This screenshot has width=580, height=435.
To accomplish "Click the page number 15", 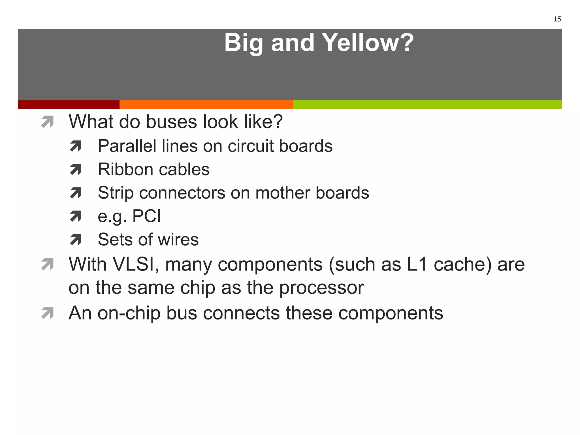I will coord(557,19).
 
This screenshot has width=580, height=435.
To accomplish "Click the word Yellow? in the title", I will coord(368,43).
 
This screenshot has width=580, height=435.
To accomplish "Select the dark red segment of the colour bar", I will coord(69,104).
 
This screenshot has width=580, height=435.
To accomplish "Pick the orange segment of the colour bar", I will coord(206,104).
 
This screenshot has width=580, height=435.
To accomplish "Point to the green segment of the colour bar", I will coord(427,104).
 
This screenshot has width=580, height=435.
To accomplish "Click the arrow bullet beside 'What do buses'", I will coord(47,122).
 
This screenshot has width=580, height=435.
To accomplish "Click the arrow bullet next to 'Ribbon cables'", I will coord(76,170).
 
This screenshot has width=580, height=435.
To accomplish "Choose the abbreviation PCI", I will coord(147,216).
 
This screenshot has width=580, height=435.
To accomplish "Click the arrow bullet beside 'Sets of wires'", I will coord(76,240).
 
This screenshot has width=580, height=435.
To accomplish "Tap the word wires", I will coord(178,240).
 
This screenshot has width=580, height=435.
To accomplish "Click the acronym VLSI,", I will coord(136,264).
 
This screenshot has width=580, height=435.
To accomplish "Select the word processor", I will coord(321,288).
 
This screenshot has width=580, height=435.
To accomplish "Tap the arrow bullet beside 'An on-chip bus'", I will coord(47,314).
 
